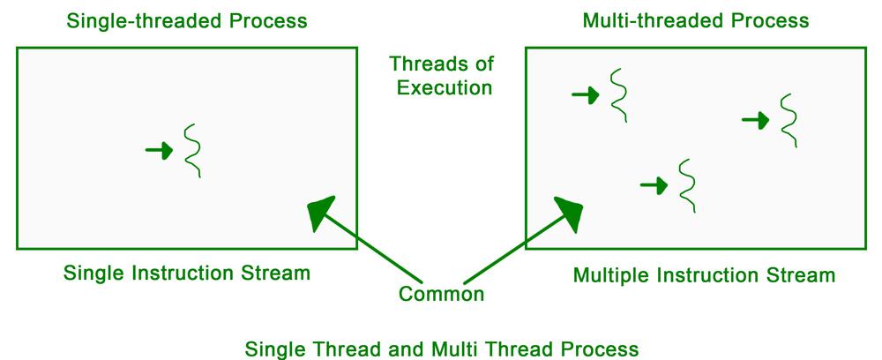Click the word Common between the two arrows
pyautogui.click(x=441, y=294)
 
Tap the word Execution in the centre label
pyautogui.click(x=445, y=87)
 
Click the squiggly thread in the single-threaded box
pyautogui.click(x=193, y=151)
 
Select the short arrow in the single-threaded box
pyautogui.click(x=159, y=150)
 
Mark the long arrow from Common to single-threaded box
pyautogui.click(x=365, y=239)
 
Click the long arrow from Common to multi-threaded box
pyautogui.click(x=523, y=240)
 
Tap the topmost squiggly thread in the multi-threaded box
pyautogui.click(x=619, y=95)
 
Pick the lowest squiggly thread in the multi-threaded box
pyautogui.click(x=687, y=185)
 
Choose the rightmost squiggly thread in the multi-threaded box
pyautogui.click(x=789, y=120)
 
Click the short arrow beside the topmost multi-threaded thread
pyautogui.click(x=586, y=95)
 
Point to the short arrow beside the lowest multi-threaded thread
pyautogui.click(x=654, y=185)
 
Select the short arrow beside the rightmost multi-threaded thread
pyautogui.click(x=756, y=120)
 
